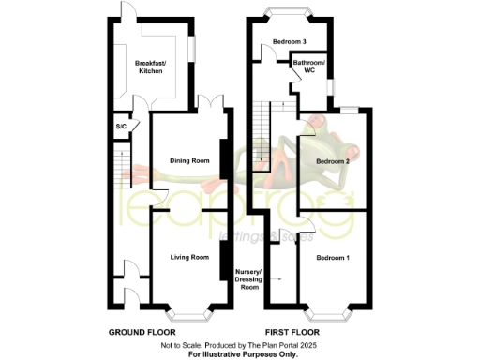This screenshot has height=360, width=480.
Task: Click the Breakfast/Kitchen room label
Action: point(151,67)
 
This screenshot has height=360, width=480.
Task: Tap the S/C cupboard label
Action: point(121,127)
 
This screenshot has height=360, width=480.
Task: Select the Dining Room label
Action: point(188,160)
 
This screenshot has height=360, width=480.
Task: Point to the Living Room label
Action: point(188,256)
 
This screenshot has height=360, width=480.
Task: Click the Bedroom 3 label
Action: point(291,42)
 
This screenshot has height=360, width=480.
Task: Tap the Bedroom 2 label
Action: point(333,161)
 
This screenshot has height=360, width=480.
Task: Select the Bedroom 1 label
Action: point(333,257)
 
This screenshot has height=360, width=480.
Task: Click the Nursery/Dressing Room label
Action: point(249,279)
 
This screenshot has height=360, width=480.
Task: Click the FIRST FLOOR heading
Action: point(291,332)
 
